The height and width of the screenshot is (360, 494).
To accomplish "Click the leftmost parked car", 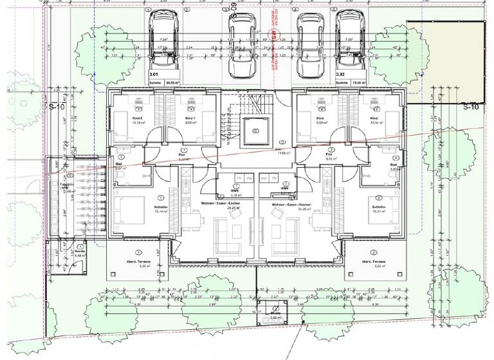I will (x=158, y=39).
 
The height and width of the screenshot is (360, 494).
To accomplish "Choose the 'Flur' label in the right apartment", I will (x=329, y=155).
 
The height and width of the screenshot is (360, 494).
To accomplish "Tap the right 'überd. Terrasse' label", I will (x=374, y=262).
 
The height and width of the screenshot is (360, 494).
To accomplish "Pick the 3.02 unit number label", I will (x=339, y=75).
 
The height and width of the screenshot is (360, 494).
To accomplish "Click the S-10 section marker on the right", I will (x=471, y=107).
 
